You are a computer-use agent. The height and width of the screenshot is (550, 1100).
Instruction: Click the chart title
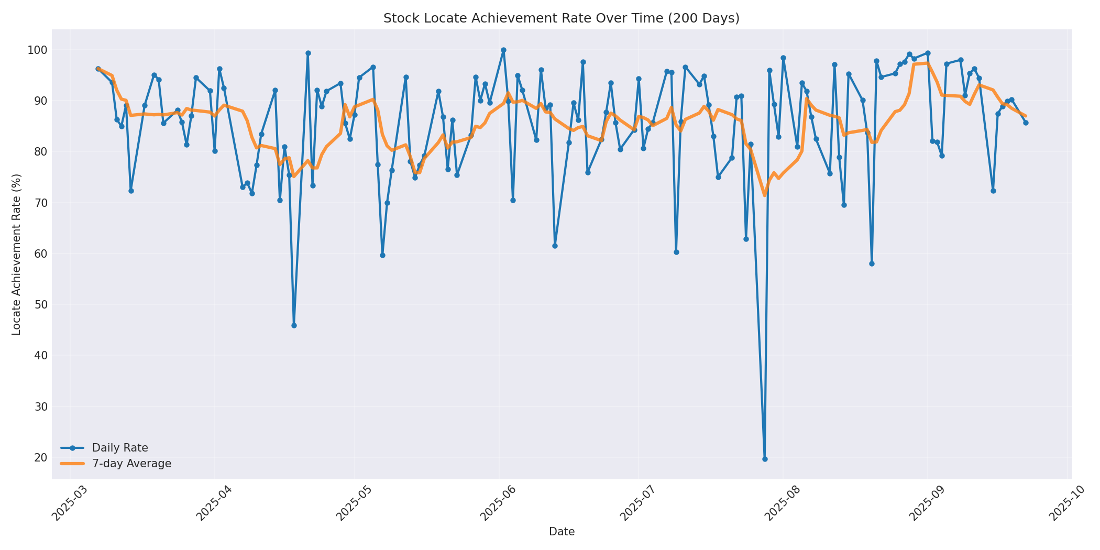click(561, 18)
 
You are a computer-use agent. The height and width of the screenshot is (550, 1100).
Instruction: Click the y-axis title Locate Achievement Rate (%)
click(16, 254)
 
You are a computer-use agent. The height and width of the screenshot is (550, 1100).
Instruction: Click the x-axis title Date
click(562, 532)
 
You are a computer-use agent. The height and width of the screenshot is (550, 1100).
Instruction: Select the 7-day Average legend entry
click(131, 464)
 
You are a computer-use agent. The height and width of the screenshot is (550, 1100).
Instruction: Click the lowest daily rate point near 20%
click(765, 459)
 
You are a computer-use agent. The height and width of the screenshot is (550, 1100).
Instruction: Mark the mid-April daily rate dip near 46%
click(294, 325)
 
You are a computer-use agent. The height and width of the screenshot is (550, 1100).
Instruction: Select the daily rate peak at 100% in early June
click(503, 50)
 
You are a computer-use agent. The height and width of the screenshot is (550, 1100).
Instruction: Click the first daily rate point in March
click(98, 69)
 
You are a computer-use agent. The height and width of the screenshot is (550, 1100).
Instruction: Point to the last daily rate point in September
click(1026, 123)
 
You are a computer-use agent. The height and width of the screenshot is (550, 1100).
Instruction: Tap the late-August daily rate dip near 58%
click(872, 263)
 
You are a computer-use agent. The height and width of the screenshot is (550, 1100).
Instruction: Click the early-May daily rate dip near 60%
click(382, 255)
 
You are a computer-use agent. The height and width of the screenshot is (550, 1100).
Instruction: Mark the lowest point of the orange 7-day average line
click(765, 195)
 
